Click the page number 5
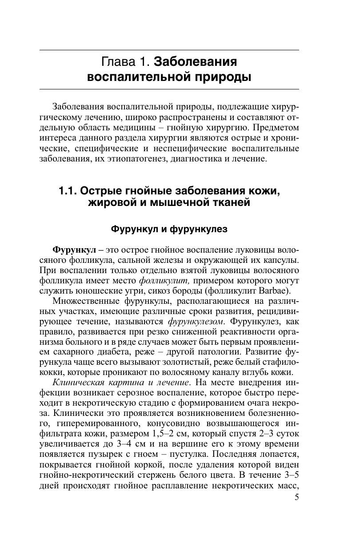296,497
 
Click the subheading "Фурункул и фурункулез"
169,229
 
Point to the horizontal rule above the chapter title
169,50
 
